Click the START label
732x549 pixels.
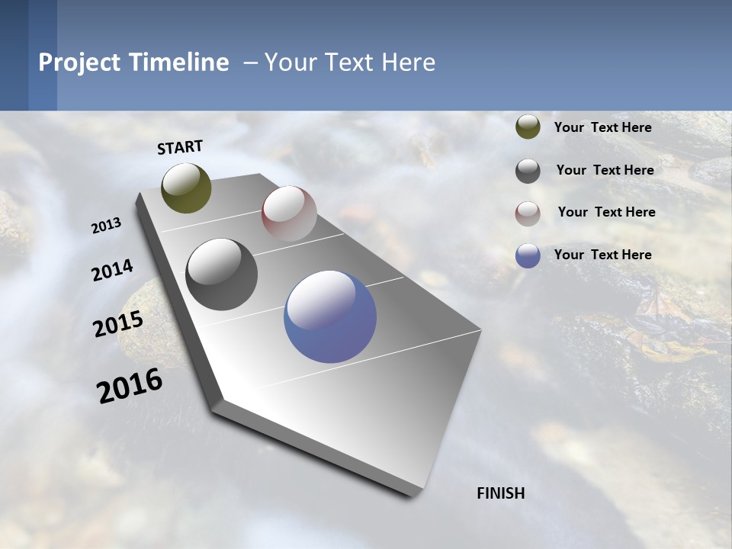point(180,147)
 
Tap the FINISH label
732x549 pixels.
point(500,493)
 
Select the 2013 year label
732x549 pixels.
point(107,226)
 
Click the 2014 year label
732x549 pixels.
point(113,271)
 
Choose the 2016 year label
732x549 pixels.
point(130,385)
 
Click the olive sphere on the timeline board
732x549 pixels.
point(186,188)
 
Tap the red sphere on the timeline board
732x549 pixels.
point(289,213)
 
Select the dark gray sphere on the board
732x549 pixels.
point(221,274)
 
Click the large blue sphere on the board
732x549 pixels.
point(330,316)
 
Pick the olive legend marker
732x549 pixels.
point(528,127)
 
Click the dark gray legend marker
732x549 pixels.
point(528,171)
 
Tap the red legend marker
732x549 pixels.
point(528,213)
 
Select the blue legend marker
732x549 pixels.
point(528,255)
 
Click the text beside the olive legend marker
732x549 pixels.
point(602,127)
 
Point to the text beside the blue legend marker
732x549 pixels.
point(602,255)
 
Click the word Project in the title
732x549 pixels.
point(79,63)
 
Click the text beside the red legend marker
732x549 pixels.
point(606,212)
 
